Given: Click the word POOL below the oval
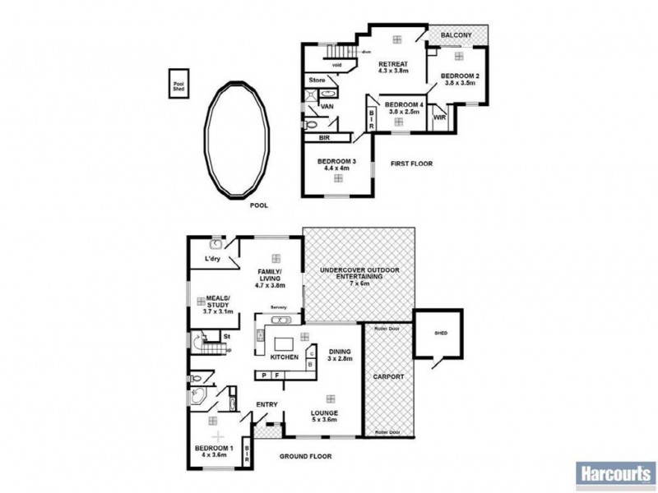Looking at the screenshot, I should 260,207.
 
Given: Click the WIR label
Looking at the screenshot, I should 439,117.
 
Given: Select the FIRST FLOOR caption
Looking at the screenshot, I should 412,164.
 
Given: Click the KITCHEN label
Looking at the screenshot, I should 285,358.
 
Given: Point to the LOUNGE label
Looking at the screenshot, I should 325,414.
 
